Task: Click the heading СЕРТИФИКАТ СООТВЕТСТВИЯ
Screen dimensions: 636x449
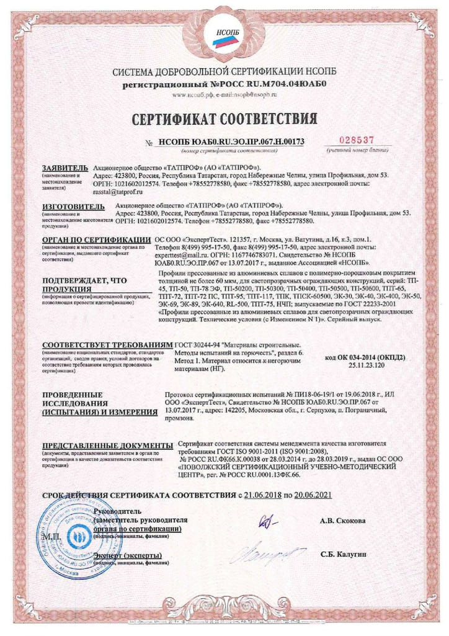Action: coord(224,118)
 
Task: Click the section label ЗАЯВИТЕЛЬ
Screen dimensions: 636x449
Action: coord(61,168)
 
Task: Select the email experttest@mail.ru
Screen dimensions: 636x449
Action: coord(182,255)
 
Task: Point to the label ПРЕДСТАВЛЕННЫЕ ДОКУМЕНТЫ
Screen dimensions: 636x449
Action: coord(107,446)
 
